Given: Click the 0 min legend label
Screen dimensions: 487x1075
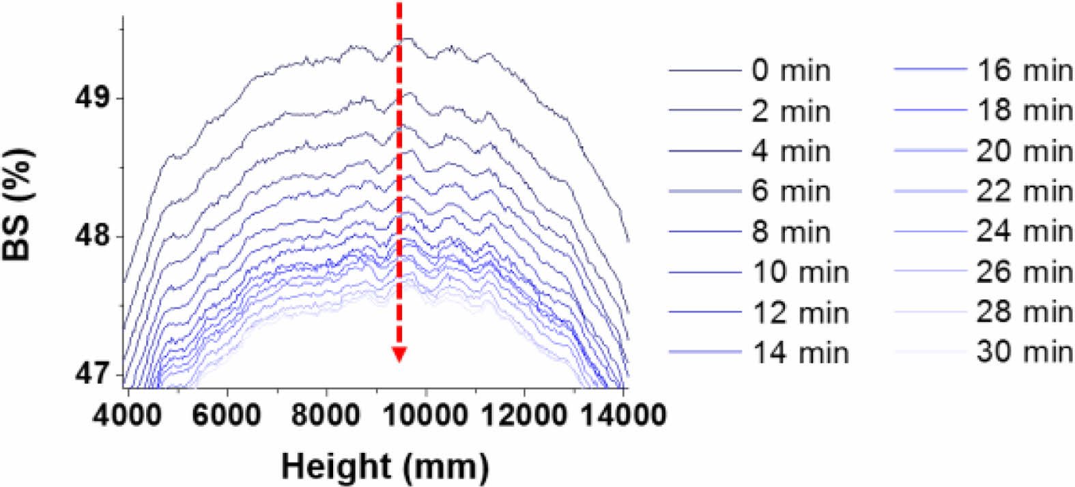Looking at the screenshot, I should [791, 70].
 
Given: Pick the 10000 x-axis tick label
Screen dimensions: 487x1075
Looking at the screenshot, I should [425, 415].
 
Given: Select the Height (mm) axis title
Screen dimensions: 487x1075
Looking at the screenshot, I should [385, 467].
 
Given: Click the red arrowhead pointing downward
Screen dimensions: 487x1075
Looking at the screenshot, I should [399, 354].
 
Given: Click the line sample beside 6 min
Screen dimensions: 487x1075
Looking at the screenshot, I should [704, 191].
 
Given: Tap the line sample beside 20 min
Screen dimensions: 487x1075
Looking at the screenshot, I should [930, 150].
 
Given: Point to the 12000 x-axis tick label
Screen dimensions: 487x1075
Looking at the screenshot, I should [524, 415].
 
